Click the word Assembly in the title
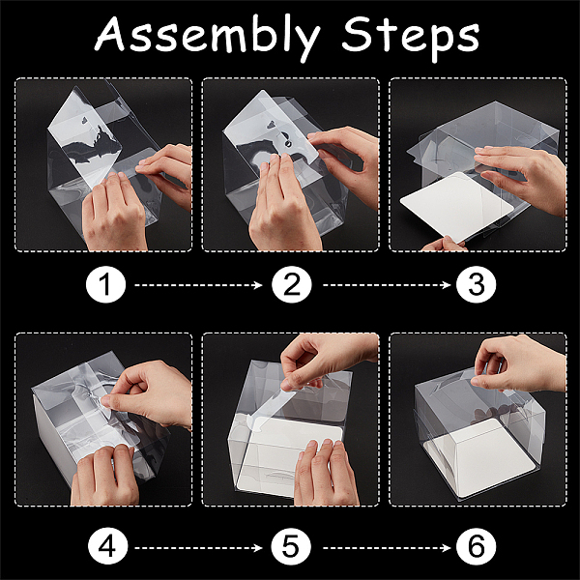(x=208, y=37)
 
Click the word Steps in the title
(x=411, y=37)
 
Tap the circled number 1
(x=105, y=285)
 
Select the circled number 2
(x=292, y=285)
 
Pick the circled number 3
(x=476, y=285)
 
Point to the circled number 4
(x=107, y=547)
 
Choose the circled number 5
(x=291, y=547)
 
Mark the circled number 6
(x=476, y=547)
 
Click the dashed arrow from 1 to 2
(x=198, y=285)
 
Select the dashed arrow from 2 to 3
(x=387, y=285)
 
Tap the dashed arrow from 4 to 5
(x=198, y=547)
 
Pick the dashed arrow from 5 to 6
(x=387, y=547)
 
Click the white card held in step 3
(x=457, y=205)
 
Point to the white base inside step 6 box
(x=480, y=458)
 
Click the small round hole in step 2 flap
(x=288, y=144)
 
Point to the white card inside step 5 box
(x=288, y=457)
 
